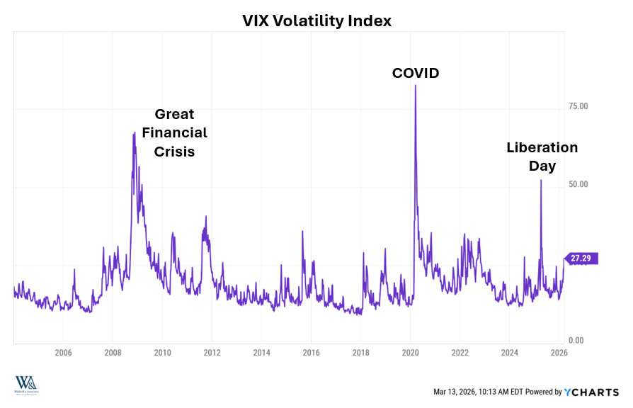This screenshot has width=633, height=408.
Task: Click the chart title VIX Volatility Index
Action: (316, 21)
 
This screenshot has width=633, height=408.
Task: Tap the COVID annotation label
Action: (416, 73)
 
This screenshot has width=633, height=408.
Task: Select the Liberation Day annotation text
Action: (542, 157)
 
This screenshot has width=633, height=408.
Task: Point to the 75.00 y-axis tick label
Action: (579, 106)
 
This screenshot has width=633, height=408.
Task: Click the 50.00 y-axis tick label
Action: (579, 184)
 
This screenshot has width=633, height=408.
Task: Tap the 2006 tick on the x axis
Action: (63, 353)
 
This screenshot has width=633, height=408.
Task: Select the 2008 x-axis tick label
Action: (113, 353)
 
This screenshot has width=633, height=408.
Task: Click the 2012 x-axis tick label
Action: (212, 353)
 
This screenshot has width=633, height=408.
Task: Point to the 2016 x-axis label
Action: (311, 353)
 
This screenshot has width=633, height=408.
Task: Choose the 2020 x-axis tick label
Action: (411, 353)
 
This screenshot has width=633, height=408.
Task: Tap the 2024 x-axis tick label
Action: (510, 353)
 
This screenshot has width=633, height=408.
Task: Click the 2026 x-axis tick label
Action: (559, 353)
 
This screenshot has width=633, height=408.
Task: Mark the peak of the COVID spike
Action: (415, 86)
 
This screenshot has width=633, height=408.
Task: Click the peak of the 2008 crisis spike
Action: (134, 132)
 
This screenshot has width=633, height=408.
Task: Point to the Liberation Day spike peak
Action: (541, 180)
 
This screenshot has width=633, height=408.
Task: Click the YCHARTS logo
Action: (592, 392)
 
